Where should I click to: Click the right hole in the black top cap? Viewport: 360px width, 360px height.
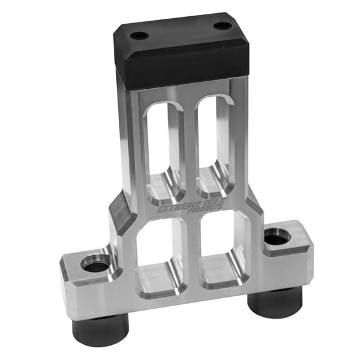pos(222,26)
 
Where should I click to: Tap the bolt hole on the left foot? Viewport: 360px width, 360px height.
pos(95,266)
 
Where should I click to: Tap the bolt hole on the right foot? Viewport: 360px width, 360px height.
pos(276,238)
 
